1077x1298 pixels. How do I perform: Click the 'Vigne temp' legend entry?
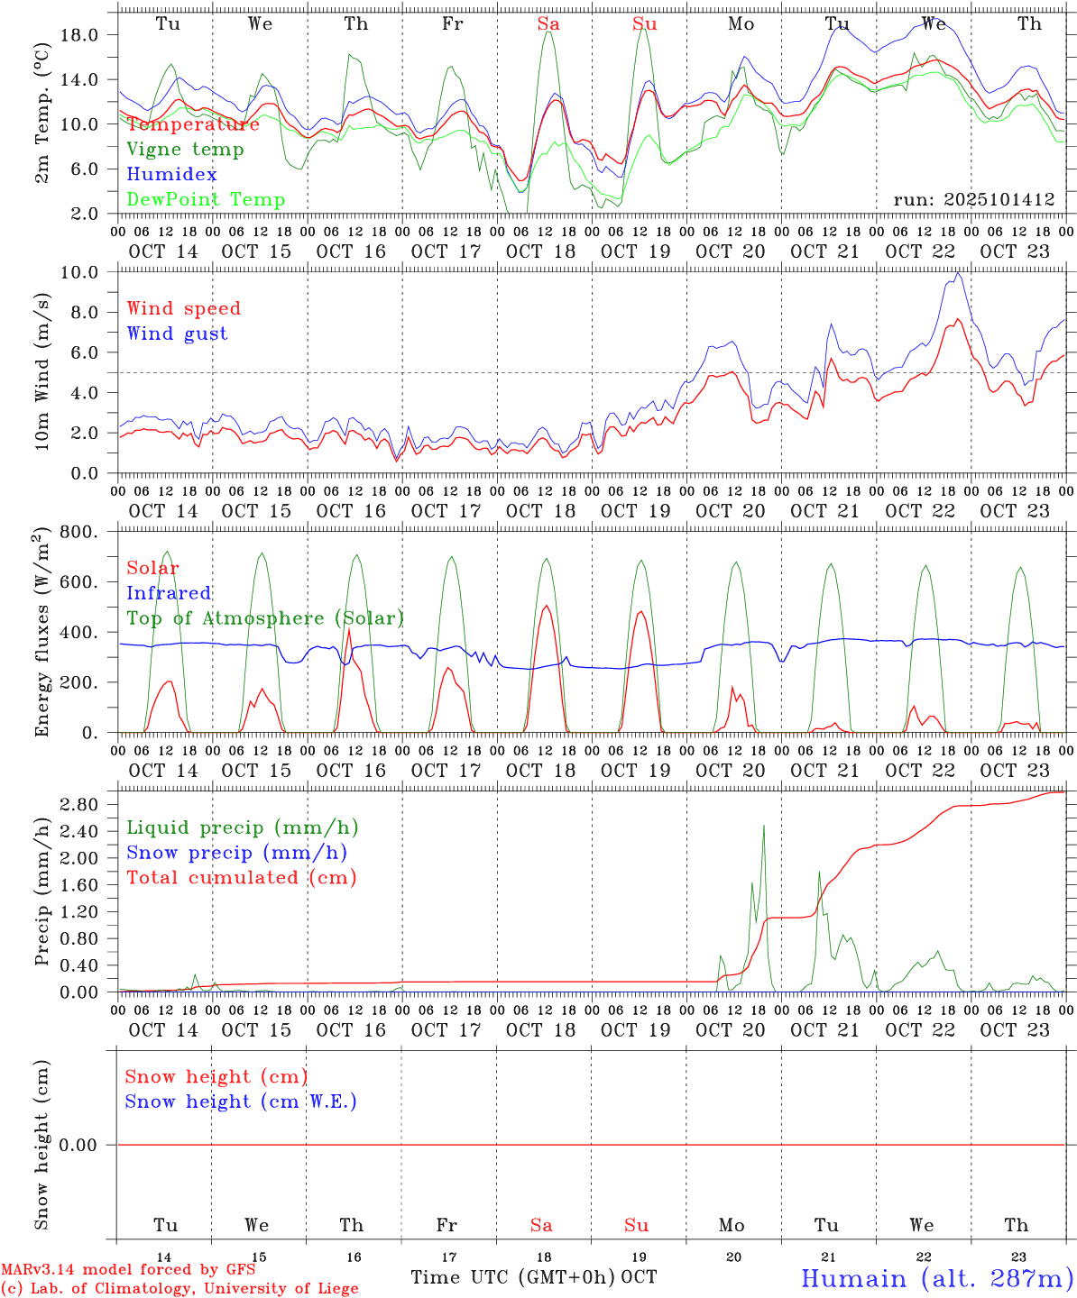click(x=185, y=150)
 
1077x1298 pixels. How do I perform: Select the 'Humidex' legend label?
click(x=171, y=175)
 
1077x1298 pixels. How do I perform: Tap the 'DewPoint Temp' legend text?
click(x=206, y=200)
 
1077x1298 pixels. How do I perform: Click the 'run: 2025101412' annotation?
click(x=973, y=200)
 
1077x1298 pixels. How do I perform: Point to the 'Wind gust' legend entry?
click(x=177, y=334)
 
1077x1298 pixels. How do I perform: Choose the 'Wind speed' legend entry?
click(x=184, y=308)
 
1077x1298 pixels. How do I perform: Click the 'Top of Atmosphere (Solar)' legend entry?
click(x=265, y=618)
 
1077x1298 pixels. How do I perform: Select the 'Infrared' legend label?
click(x=169, y=593)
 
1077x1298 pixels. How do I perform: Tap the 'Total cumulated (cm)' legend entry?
click(x=242, y=878)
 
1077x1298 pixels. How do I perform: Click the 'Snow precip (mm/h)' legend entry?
click(x=237, y=853)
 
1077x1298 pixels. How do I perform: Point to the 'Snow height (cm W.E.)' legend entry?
click(x=241, y=1101)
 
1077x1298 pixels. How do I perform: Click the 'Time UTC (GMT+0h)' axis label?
click(x=513, y=1277)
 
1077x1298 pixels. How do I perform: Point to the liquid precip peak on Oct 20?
click(x=764, y=826)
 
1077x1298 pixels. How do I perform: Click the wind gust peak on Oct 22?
click(x=957, y=273)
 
